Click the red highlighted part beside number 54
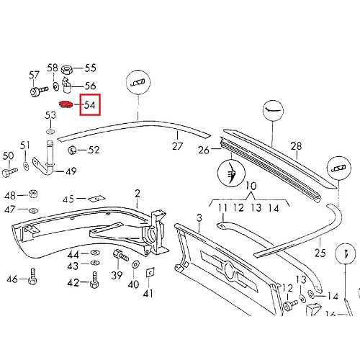click(66, 106)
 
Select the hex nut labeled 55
click(66, 69)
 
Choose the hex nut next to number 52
click(73, 150)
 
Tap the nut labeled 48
click(32, 195)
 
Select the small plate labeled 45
click(92, 198)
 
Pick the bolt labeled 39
click(119, 257)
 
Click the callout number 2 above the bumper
click(137, 193)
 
